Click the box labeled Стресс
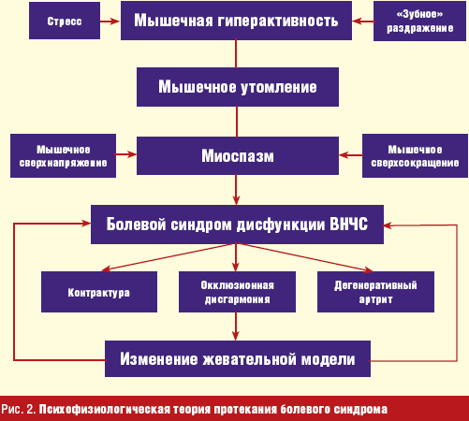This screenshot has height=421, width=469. click(x=65, y=21)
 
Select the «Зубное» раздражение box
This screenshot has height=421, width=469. click(x=419, y=22)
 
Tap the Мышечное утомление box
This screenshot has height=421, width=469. click(x=238, y=87)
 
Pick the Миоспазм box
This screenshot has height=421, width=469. click(x=238, y=155)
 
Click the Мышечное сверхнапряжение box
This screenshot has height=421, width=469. click(x=63, y=156)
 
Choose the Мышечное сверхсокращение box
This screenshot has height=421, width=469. click(x=415, y=156)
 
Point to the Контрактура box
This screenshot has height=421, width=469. click(x=99, y=292)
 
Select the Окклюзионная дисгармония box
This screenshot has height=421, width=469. click(x=237, y=292)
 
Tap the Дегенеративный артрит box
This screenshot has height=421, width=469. click(x=375, y=292)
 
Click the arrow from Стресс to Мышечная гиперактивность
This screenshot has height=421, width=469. click(x=110, y=22)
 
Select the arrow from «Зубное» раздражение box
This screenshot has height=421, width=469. click(x=363, y=22)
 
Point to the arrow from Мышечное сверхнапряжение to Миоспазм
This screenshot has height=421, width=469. click(x=126, y=154)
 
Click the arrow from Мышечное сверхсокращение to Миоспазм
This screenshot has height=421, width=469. click(x=351, y=155)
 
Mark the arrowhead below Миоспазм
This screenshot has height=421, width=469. click(x=236, y=200)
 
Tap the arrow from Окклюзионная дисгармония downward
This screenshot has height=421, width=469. click(x=236, y=327)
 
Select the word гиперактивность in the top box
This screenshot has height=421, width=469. click(x=278, y=21)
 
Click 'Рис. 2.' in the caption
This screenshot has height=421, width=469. click(x=19, y=409)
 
